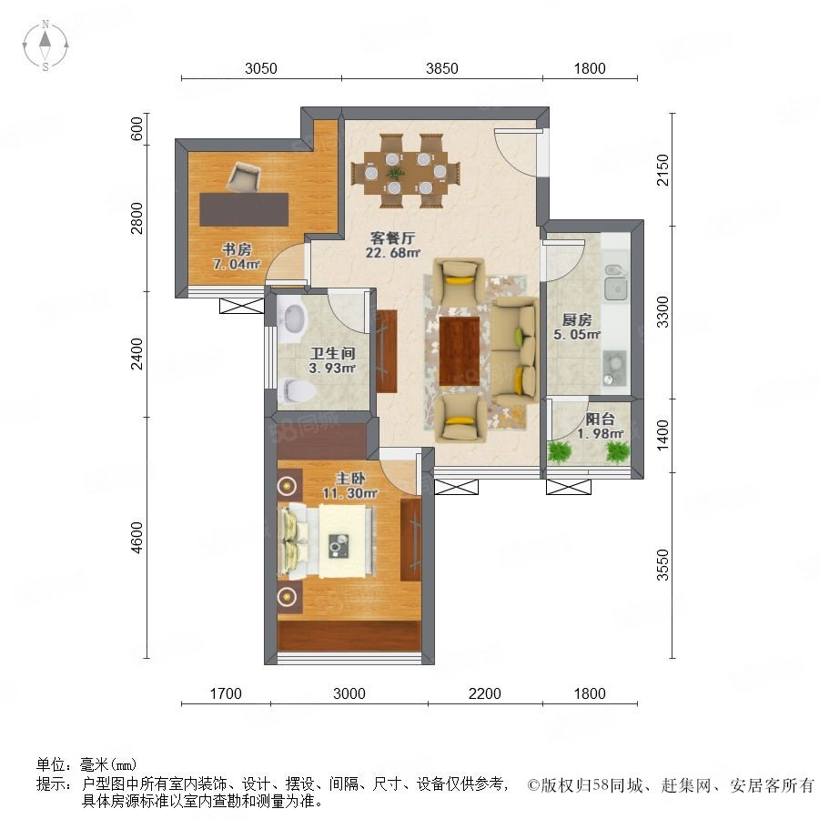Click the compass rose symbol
45,45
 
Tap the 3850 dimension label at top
442,68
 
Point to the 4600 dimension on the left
136,538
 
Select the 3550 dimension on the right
662,564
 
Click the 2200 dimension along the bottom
485,693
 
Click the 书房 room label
237,249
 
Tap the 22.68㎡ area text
393,253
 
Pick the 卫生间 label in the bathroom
333,353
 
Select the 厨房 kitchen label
577,319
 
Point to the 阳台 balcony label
600,419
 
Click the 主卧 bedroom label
350,478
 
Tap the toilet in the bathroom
296,390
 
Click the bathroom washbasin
292,319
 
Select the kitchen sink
616,282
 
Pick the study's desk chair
243,177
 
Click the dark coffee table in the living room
460,351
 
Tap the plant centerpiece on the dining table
395,173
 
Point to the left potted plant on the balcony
560,450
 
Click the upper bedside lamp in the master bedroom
287,487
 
